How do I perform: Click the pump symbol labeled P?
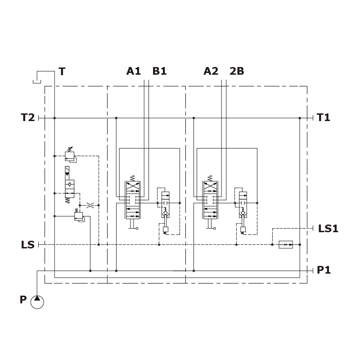pos(37,302)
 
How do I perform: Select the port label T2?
pos(28,117)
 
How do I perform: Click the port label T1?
pos(323,117)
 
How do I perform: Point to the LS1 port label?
pos(328,229)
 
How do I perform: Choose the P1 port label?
pos(324,270)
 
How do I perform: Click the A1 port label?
pos(133,71)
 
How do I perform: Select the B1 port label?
pos(159,71)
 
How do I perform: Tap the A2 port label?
pos(211,71)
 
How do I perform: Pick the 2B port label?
pos(237,71)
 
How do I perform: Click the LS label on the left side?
pos(28,245)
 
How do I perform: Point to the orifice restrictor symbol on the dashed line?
pos(90,205)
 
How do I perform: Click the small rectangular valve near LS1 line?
pos(286,245)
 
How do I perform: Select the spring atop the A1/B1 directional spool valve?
pos(132,178)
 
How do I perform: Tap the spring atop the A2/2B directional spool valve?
pos(210,178)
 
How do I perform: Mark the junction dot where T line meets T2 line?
pos(54,118)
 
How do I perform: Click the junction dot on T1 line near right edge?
pos(300,118)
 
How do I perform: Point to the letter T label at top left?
pos(62,72)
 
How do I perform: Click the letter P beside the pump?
pos(23,300)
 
